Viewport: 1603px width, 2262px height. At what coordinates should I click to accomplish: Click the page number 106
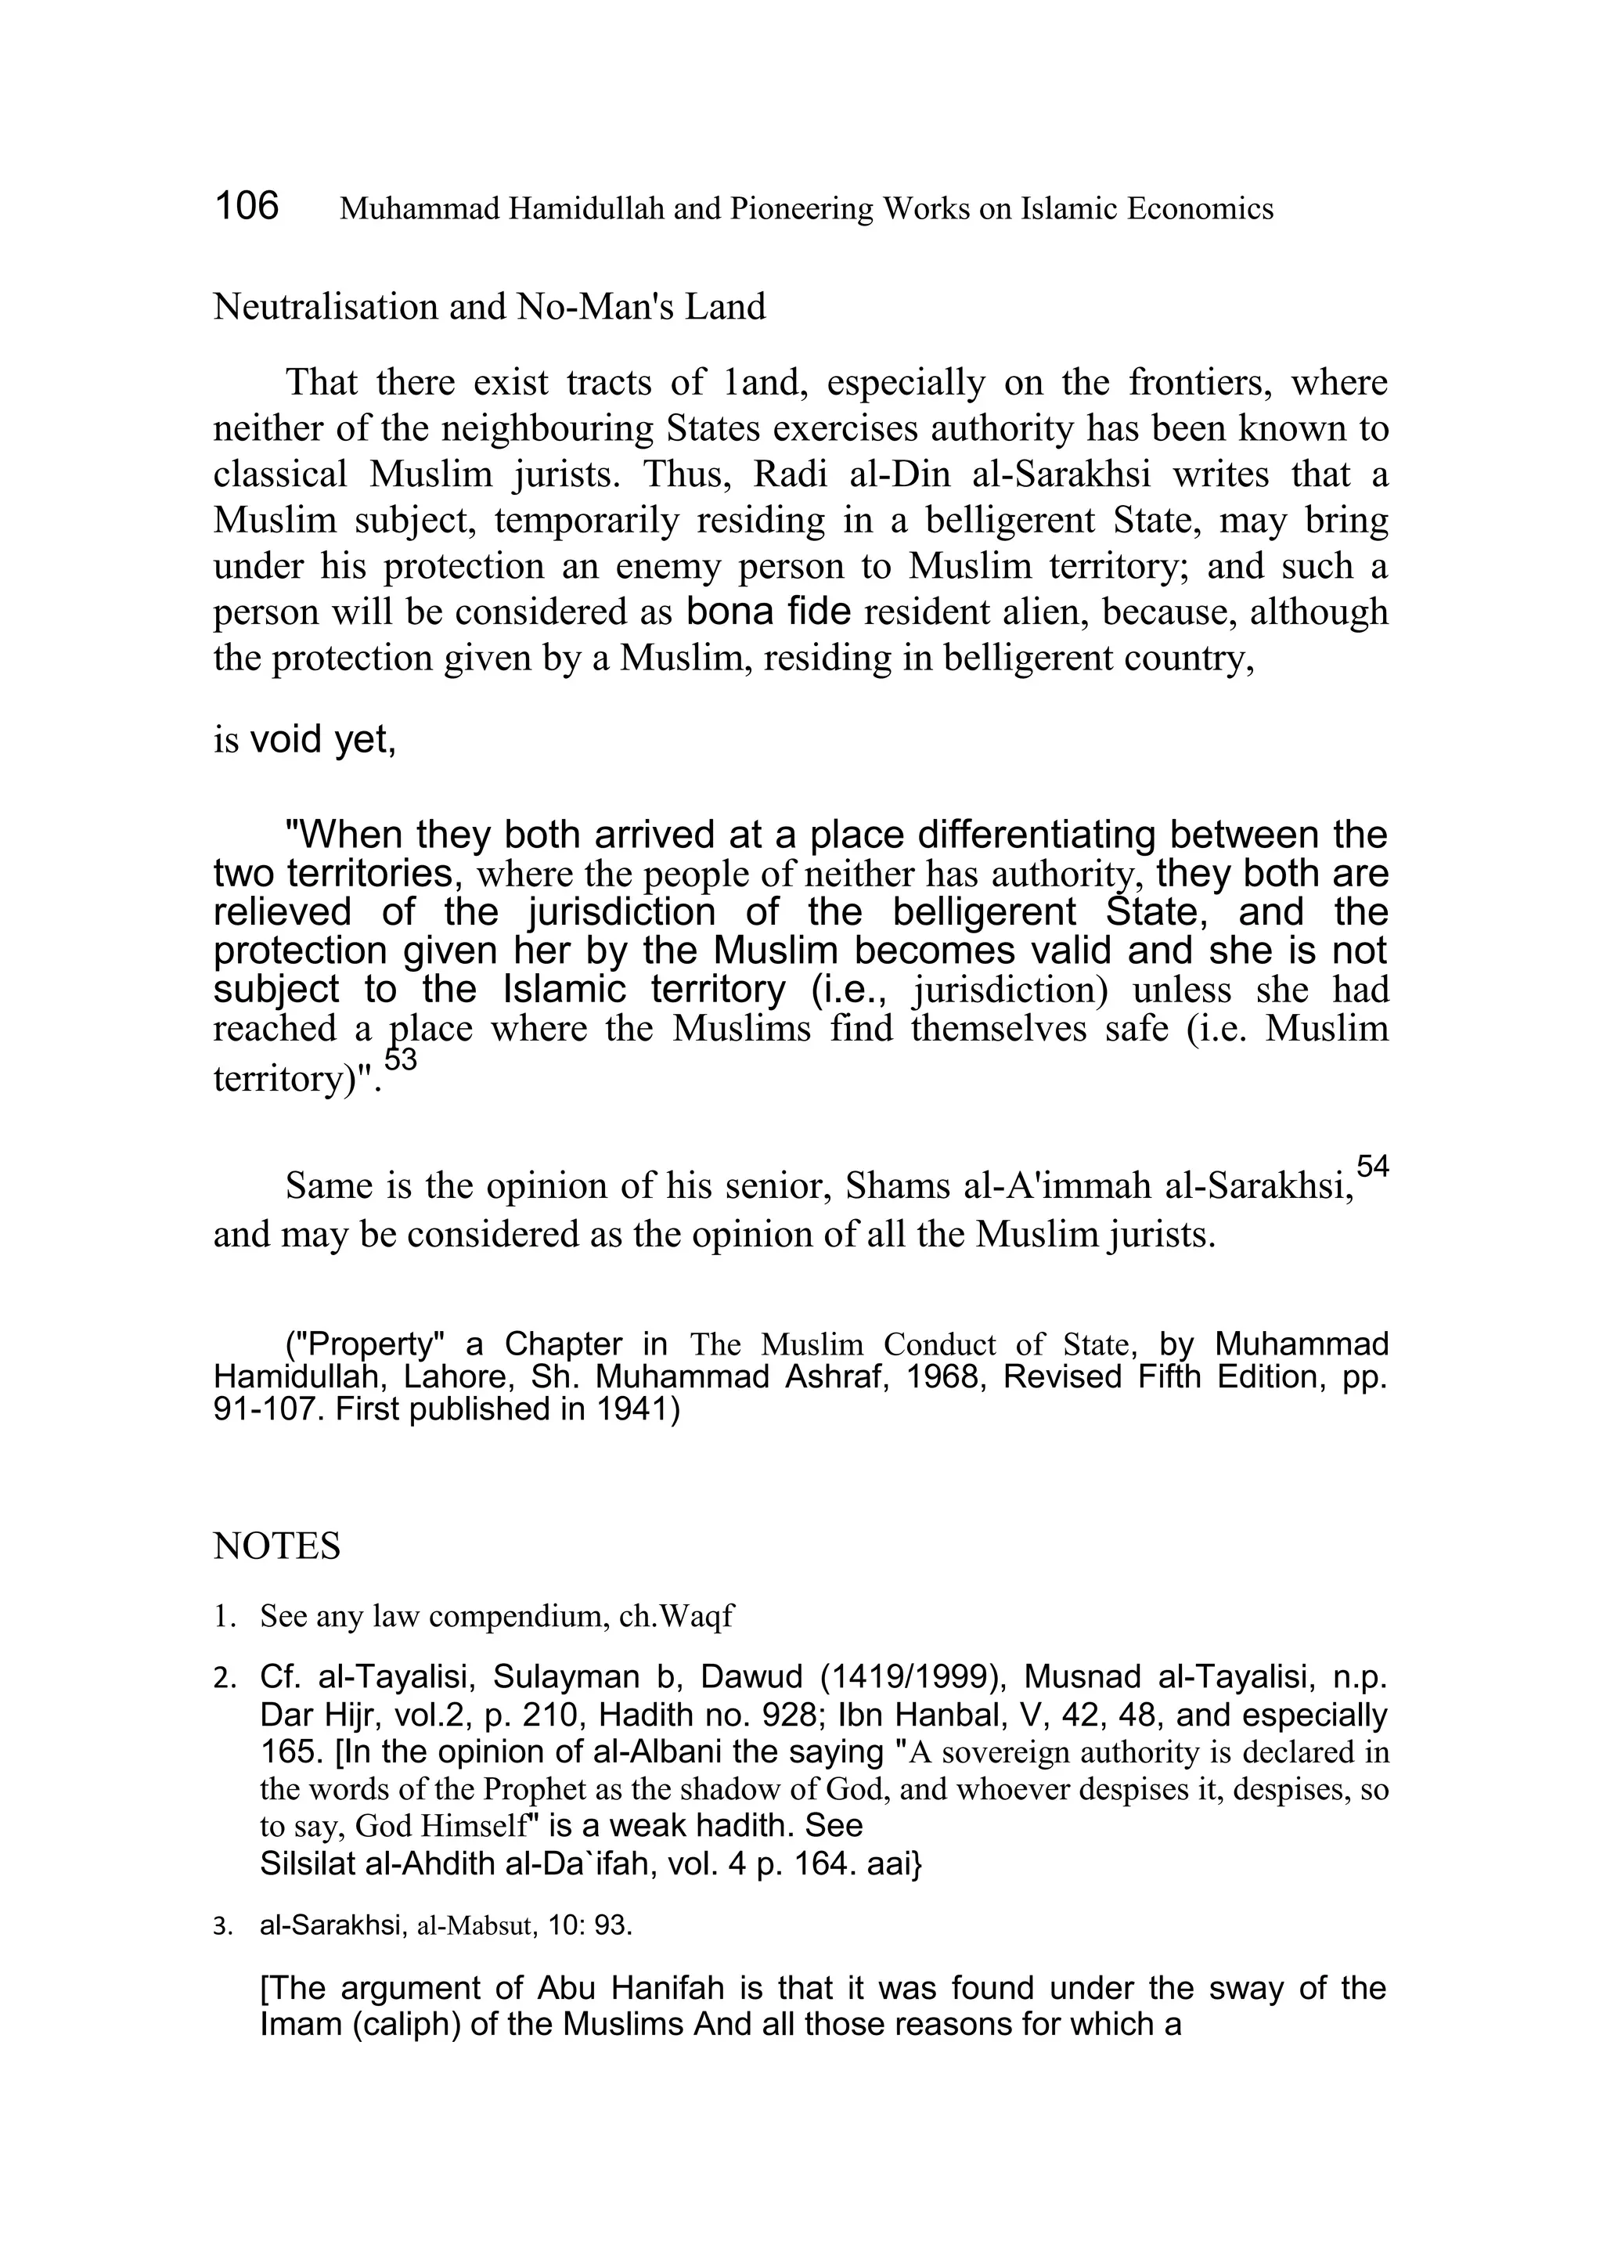click(x=247, y=207)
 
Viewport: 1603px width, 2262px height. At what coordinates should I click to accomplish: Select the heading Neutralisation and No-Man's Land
click(x=488, y=307)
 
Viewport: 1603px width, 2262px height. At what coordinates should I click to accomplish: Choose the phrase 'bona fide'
click(x=768, y=612)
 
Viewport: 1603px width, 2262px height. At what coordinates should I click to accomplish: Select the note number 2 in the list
click(x=222, y=1679)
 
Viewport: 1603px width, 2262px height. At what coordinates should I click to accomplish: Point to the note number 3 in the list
click(x=222, y=1926)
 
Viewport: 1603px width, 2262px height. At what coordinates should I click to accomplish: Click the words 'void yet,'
click(x=322, y=740)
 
